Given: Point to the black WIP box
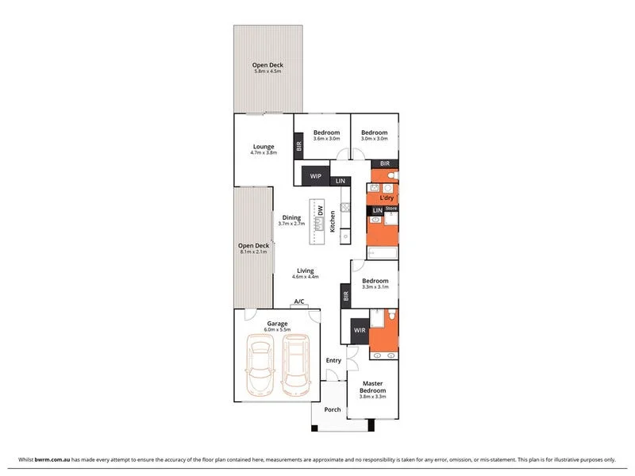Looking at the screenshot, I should (315, 176).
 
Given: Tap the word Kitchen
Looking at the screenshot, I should (333, 220).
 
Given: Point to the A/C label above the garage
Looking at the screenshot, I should (299, 301).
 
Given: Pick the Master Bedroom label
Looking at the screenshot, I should (372, 387).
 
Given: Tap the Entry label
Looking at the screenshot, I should (333, 360).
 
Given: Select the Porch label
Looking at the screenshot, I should (333, 409).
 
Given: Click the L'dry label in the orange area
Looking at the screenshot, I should (387, 198).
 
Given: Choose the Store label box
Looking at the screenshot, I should (391, 209).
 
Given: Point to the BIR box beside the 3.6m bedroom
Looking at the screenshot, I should (299, 146).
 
